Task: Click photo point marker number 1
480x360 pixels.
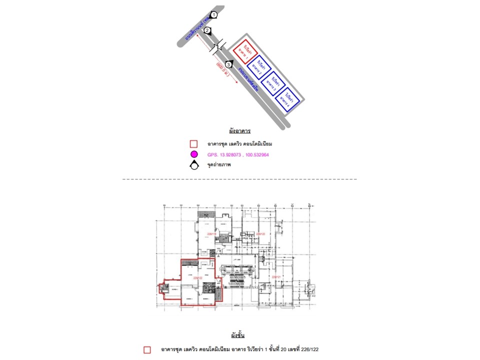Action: coord(213,15)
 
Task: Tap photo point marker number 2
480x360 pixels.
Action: coord(207,30)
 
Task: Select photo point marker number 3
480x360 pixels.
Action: coord(229,64)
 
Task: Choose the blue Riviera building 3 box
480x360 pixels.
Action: coord(274,82)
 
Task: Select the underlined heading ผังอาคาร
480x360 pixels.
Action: coord(239,131)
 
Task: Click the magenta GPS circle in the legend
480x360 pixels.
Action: coord(194,154)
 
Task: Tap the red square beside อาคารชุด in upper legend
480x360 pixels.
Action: coord(194,144)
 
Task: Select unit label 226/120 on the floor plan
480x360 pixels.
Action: coord(260,233)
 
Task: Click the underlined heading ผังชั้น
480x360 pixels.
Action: coord(238,334)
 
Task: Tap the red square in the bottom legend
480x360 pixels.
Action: coord(147,349)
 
